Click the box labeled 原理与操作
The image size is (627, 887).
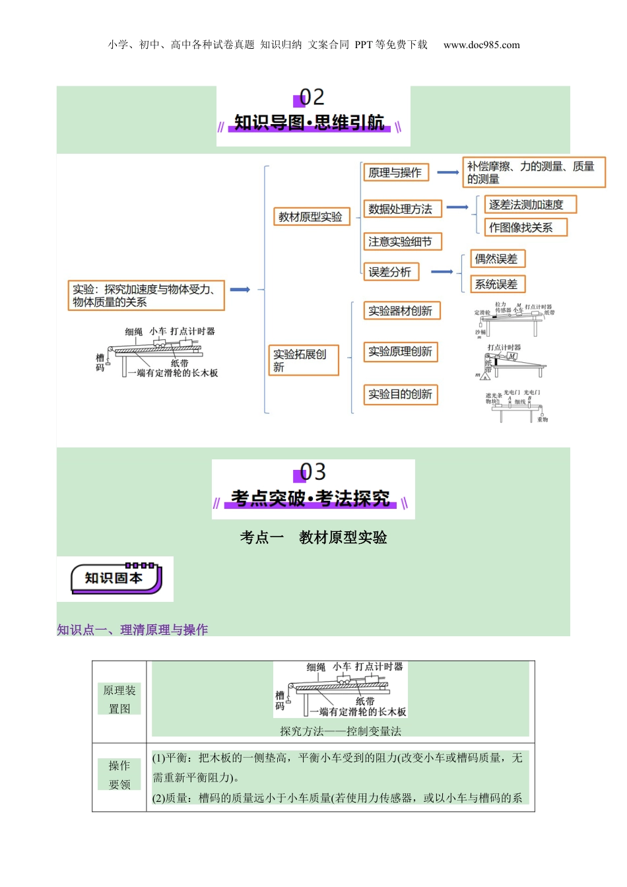tap(395, 173)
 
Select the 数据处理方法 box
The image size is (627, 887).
tap(401, 209)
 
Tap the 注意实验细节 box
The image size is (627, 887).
tap(401, 242)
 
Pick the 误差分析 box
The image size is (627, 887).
tap(390, 272)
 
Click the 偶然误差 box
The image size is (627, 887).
tap(497, 259)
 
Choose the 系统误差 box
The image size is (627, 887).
tap(497, 284)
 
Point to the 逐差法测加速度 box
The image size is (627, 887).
tap(530, 205)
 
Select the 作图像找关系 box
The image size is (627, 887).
tap(525, 228)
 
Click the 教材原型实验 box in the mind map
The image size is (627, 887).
tap(310, 217)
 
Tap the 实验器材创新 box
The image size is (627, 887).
tap(401, 311)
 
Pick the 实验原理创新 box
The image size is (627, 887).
tap(401, 352)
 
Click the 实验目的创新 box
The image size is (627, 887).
tap(401, 395)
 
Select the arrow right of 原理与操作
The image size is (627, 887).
tap(447, 173)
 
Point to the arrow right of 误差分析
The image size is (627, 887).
tap(442, 272)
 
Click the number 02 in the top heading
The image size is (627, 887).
tap(312, 98)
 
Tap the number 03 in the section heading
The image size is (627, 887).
tap(312, 473)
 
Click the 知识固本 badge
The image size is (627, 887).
tap(115, 579)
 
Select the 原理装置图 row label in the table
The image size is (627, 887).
tap(119, 700)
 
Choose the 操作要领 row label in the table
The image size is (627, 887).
tap(119, 775)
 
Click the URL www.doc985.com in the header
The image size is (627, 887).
tap(482, 45)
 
